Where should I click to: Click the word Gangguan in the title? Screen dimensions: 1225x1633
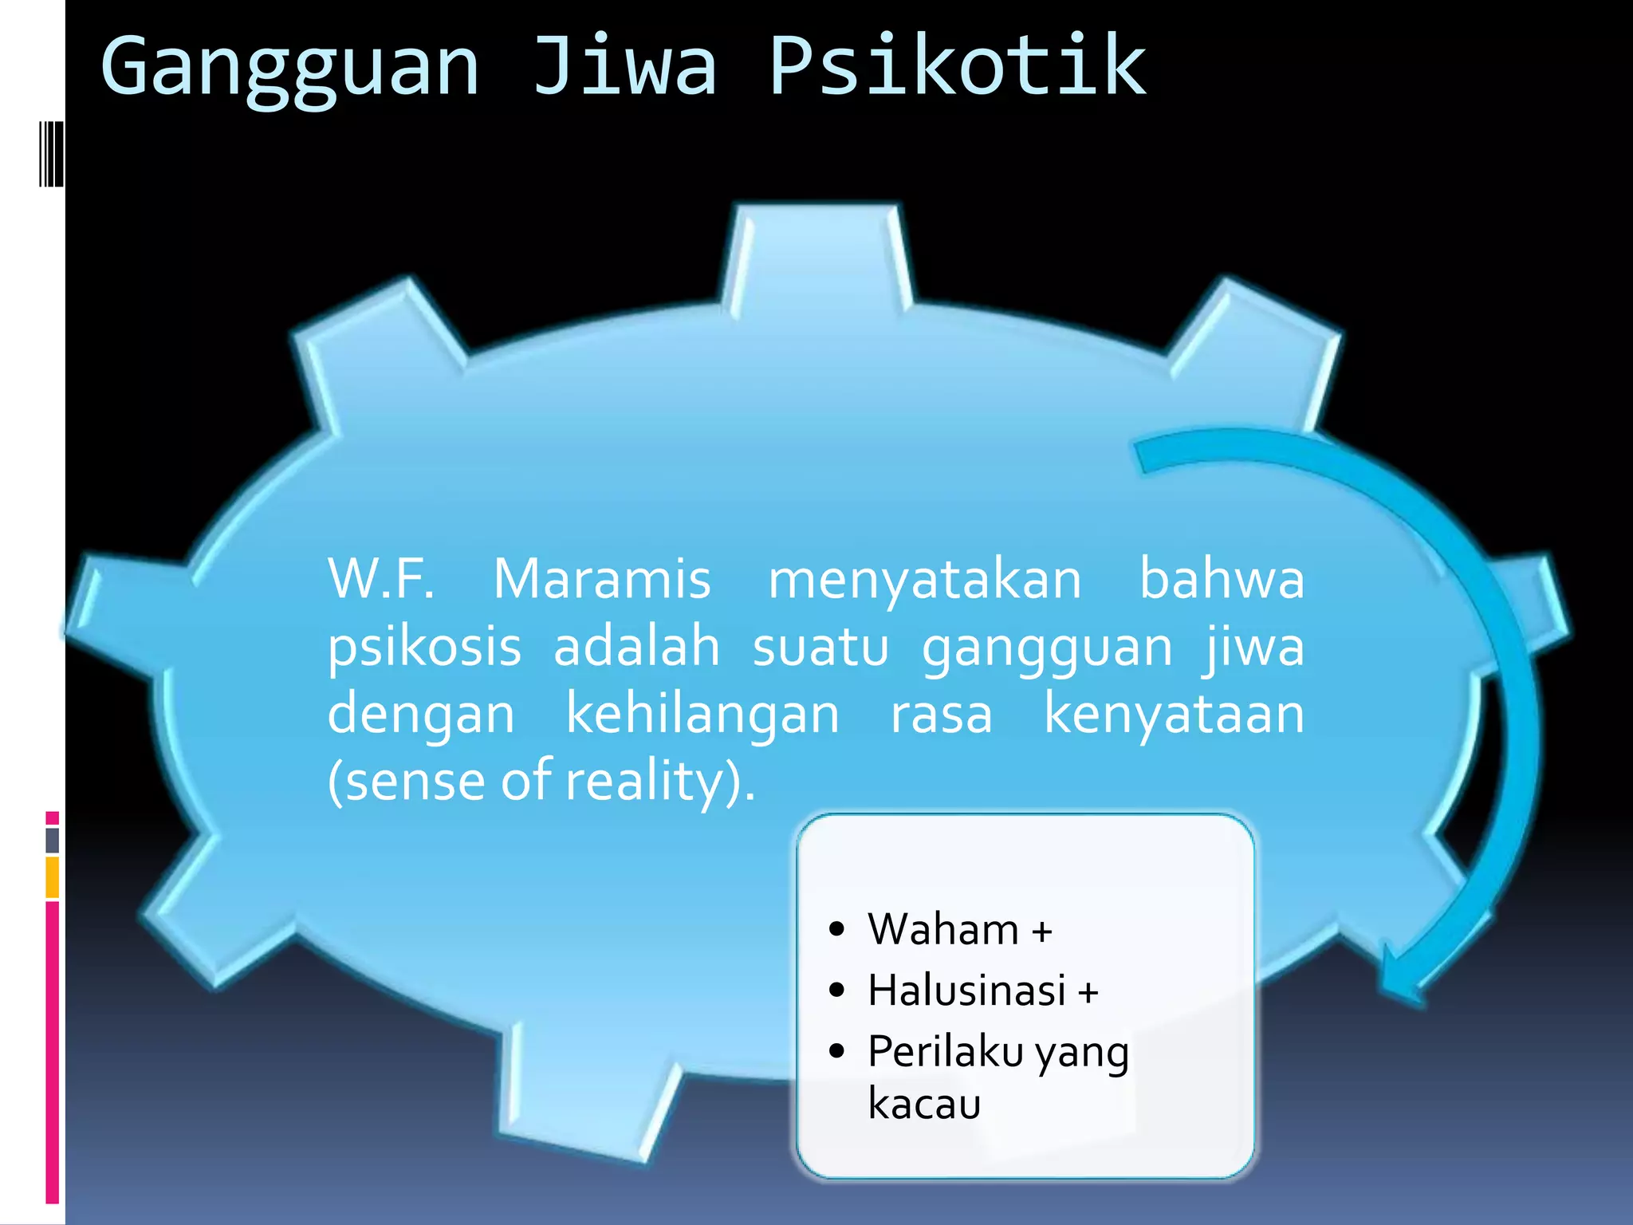(x=290, y=69)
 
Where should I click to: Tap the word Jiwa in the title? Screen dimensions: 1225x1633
(x=624, y=67)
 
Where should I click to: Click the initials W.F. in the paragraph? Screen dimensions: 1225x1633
(x=381, y=579)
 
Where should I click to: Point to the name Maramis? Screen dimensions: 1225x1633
(x=601, y=579)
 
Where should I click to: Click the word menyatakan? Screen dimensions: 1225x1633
(x=924, y=581)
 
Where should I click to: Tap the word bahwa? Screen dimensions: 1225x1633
(x=1222, y=579)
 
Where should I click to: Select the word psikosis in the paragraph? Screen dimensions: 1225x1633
(x=424, y=648)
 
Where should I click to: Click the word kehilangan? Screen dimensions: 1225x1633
(x=702, y=714)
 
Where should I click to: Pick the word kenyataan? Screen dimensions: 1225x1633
(x=1175, y=715)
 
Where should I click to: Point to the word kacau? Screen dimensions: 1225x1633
(x=924, y=1105)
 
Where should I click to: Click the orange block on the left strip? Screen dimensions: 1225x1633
(x=53, y=877)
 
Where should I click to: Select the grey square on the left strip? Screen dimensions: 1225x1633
(x=53, y=840)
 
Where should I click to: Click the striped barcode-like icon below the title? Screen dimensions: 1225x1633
(x=51, y=154)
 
